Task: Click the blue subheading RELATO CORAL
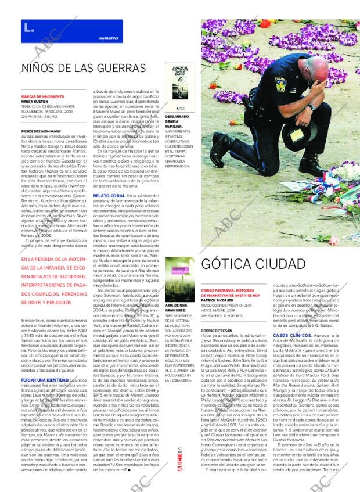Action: pos(107,196)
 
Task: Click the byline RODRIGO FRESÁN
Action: pos(217,329)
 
